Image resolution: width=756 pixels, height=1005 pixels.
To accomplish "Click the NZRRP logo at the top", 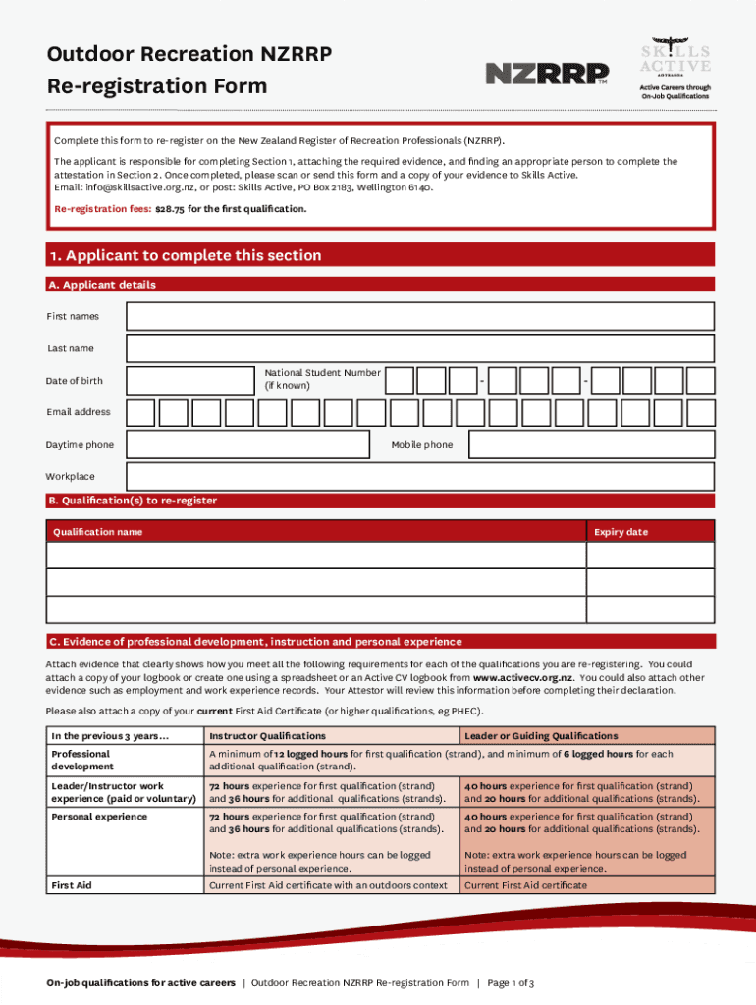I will tap(547, 74).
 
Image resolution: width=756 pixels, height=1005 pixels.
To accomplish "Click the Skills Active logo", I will tap(675, 69).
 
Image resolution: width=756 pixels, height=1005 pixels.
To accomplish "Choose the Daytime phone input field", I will tap(251, 445).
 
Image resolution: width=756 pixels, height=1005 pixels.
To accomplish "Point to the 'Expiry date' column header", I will tap(621, 532).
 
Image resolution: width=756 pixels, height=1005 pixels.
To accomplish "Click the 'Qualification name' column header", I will tap(97, 532).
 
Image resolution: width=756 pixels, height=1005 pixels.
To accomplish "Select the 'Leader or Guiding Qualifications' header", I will tap(541, 735).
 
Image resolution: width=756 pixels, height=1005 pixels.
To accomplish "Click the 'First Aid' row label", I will tap(72, 885).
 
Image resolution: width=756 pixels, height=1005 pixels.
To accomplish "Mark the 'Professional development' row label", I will tap(81, 760).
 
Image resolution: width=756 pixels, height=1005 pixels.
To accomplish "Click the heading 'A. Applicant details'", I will tap(102, 285).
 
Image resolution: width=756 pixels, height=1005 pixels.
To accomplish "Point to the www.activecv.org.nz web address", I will tap(523, 677).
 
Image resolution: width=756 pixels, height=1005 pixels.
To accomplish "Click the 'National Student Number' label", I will tap(322, 379).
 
